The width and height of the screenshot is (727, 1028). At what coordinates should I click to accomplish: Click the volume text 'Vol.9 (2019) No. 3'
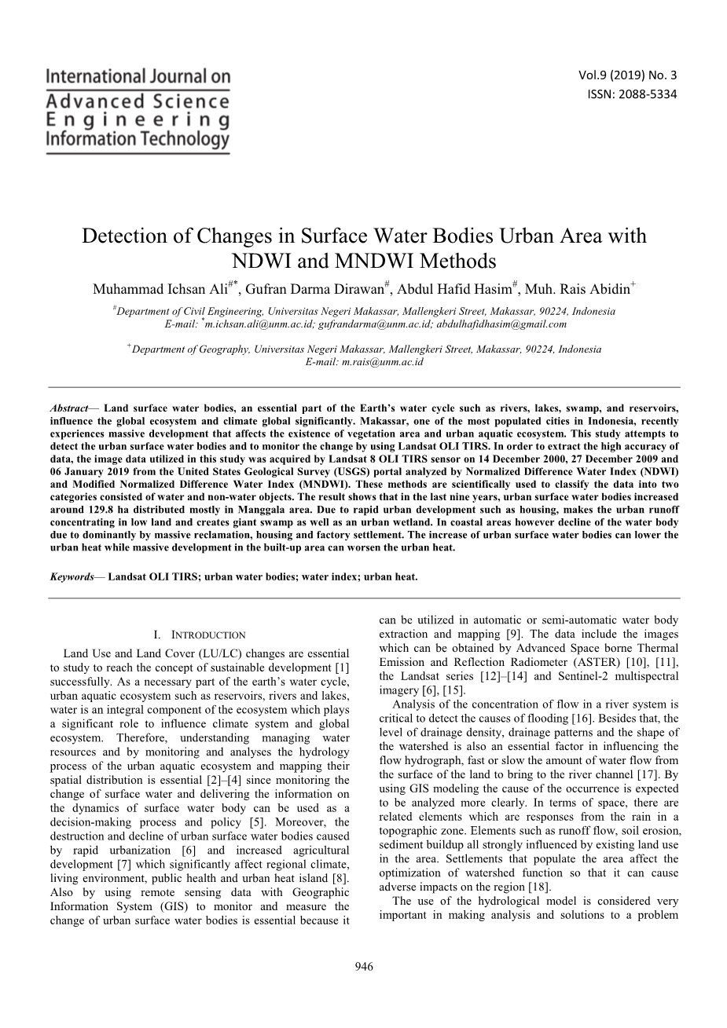626,75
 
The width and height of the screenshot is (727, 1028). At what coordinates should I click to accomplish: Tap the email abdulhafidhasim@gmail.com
501,323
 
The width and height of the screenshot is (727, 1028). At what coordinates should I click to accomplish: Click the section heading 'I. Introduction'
200,635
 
